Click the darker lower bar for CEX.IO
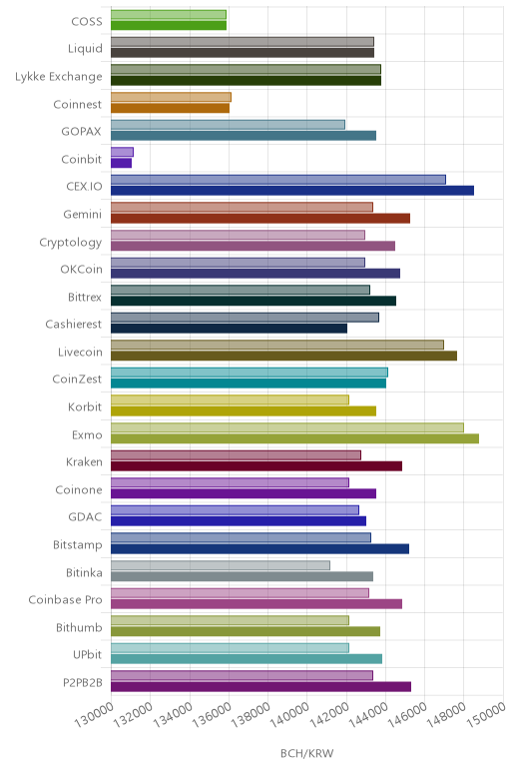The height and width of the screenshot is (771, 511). pos(292,191)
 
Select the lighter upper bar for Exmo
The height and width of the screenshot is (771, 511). pos(287,427)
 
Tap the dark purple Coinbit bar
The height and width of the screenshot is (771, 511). pos(122,163)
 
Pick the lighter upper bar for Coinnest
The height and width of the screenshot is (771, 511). pos(171,97)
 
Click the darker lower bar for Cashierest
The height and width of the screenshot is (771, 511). pos(229,329)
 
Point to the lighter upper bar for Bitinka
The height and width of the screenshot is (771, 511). pos(221,565)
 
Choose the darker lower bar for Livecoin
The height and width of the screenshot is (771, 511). pos(284,356)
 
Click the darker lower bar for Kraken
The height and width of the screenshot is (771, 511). pos(256,466)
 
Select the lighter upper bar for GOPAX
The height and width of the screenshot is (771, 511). pos(228,125)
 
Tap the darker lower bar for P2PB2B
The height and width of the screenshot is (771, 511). pos(260,687)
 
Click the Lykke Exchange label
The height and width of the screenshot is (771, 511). pos(59,77)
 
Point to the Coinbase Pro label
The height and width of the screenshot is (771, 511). pos(65,600)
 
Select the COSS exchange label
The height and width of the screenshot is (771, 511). pos(87,21)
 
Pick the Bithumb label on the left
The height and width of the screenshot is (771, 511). pos(79,627)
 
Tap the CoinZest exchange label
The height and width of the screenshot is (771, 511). pos(77,380)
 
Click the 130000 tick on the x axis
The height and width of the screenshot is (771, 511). pos(94,714)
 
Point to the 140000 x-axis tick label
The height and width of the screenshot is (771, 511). pos(289,714)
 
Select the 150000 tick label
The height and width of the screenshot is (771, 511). pos(486,714)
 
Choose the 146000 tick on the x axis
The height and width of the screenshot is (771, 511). pos(407,714)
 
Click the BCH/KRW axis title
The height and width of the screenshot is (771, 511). pos(307,753)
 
